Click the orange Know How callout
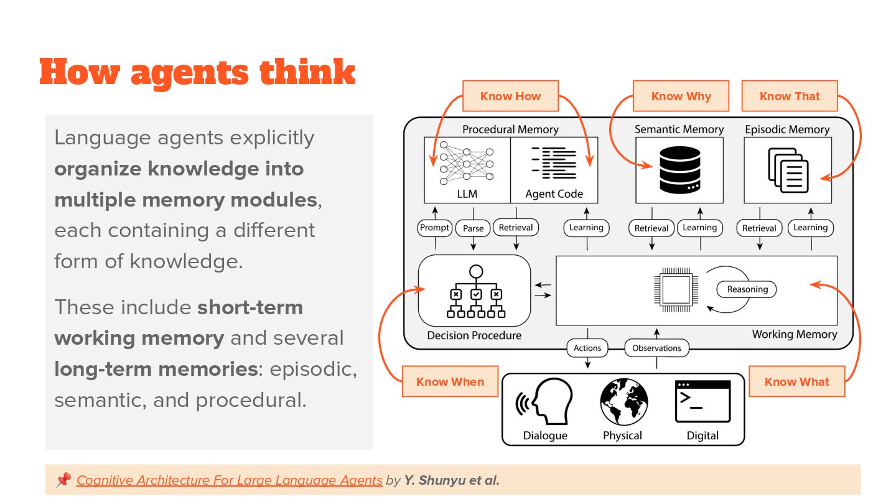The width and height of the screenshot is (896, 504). (x=510, y=96)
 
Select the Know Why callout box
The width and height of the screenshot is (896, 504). (x=681, y=96)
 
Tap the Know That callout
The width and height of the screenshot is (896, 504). (x=790, y=96)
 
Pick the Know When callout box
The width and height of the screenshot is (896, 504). (x=450, y=381)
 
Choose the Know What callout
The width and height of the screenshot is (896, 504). (x=796, y=381)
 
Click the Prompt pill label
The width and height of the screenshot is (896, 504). (x=435, y=228)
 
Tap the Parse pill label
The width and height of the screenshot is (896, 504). (x=473, y=228)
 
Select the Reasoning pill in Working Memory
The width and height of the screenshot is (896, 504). (x=747, y=289)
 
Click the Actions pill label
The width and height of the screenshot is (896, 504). (x=587, y=348)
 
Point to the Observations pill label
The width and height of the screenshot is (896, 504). (x=656, y=348)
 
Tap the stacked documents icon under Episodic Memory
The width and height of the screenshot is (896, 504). (x=788, y=170)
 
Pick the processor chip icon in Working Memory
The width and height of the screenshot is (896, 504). (x=674, y=290)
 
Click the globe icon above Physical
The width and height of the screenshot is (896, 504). (x=624, y=403)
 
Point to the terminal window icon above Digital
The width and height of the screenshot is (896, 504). (x=702, y=402)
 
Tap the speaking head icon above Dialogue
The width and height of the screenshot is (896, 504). (x=541, y=403)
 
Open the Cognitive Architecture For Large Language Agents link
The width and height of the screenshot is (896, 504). (x=229, y=480)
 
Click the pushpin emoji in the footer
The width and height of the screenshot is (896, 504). (x=63, y=480)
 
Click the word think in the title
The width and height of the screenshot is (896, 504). (x=307, y=73)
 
